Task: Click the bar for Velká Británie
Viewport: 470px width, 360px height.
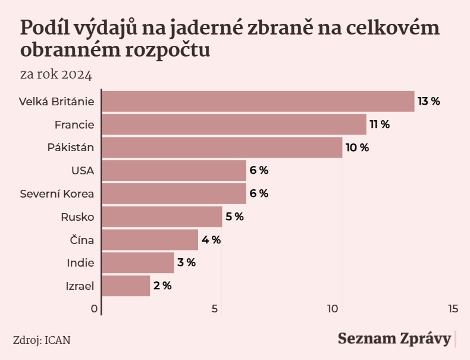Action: pyautogui.click(x=258, y=101)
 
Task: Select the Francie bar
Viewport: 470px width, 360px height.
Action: pyautogui.click(x=234, y=124)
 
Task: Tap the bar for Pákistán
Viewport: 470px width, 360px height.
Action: pyautogui.click(x=223, y=148)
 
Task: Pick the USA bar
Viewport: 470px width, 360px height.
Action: pyautogui.click(x=174, y=171)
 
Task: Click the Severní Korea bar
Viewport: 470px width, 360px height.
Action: pyautogui.click(x=174, y=193)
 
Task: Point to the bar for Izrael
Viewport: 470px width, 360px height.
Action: pyautogui.click(x=126, y=286)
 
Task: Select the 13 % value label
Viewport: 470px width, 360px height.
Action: pyautogui.click(x=428, y=101)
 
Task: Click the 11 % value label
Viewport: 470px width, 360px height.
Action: pyautogui.click(x=380, y=124)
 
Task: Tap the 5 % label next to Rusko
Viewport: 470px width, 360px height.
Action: pyautogui.click(x=234, y=217)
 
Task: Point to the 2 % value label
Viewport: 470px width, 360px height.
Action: pyautogui.click(x=162, y=286)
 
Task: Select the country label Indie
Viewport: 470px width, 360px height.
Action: pyautogui.click(x=81, y=262)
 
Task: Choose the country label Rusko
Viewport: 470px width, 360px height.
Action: pyautogui.click(x=78, y=217)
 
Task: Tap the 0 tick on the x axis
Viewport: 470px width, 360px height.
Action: pyautogui.click(x=94, y=308)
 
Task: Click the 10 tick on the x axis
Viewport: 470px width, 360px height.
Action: pyautogui.click(x=333, y=308)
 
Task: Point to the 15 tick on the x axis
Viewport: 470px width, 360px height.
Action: pyautogui.click(x=453, y=308)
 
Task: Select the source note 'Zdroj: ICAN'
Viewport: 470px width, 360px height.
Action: pyautogui.click(x=42, y=340)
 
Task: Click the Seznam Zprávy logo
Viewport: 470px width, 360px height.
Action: pyautogui.click(x=394, y=339)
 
